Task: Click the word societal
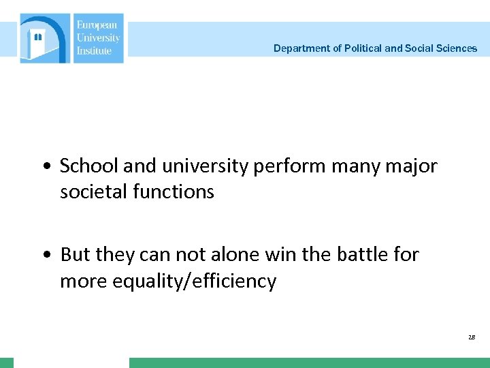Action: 94,192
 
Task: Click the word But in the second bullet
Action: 75,255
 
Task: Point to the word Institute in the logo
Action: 94,50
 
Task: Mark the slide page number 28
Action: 472,337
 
